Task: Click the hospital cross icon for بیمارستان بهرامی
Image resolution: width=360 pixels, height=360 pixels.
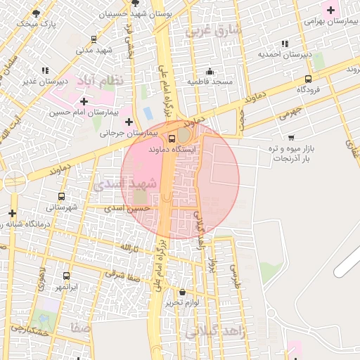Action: point(329,9)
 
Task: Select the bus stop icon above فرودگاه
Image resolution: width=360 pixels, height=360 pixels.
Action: point(309,79)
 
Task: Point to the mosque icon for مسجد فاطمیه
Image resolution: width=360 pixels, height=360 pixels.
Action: point(209,71)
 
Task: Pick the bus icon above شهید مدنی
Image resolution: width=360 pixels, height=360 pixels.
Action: point(94,39)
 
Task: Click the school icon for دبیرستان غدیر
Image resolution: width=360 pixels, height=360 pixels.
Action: point(45,70)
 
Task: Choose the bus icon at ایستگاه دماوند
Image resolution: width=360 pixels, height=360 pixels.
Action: point(172,138)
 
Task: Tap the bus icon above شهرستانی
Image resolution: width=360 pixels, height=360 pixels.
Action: point(61,197)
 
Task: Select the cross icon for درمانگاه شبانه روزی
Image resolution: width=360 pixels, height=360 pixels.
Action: point(12,213)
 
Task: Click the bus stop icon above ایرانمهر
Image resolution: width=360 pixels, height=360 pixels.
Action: point(67,276)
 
